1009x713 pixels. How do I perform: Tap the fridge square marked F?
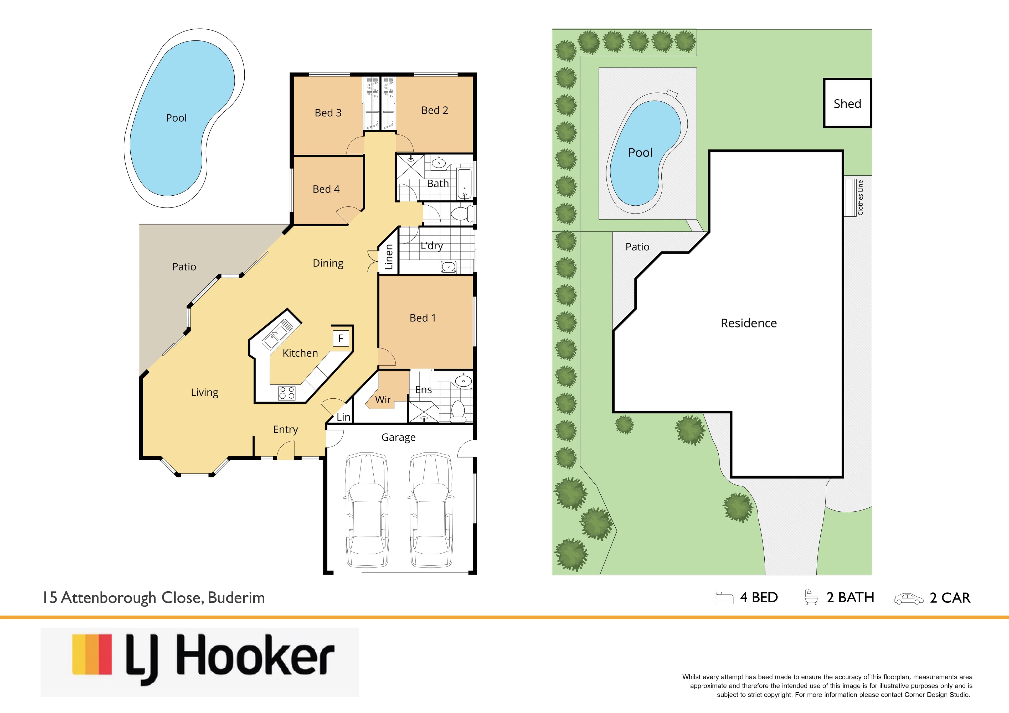341,338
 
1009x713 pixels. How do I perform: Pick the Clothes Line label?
861,198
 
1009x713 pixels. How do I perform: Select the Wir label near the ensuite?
383,400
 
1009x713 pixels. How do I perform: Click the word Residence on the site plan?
748,323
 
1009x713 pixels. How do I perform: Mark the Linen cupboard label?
388,257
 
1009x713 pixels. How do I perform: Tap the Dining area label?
328,263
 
